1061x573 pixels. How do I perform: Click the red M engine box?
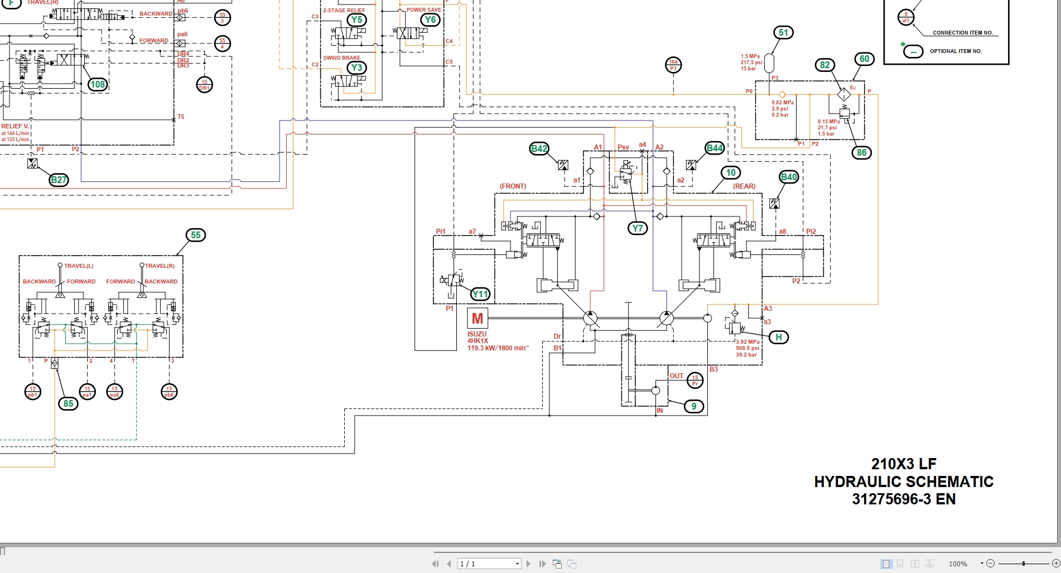pos(478,319)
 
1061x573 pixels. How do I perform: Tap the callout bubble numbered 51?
pos(783,33)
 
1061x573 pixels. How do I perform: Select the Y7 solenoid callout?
pos(638,228)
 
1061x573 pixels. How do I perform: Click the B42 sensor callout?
pos(539,148)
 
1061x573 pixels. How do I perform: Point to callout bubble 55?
pos(196,235)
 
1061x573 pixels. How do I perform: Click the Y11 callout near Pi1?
pos(480,294)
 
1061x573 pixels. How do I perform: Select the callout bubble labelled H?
pos(779,337)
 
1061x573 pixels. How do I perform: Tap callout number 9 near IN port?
pos(694,406)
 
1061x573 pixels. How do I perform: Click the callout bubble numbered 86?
pos(862,152)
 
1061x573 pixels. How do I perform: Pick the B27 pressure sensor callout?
pos(59,180)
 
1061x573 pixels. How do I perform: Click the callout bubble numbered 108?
pos(98,84)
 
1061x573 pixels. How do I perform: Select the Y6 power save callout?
pos(430,20)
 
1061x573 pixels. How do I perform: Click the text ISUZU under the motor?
pos(477,334)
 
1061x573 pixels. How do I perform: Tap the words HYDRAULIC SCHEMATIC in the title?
pos(904,481)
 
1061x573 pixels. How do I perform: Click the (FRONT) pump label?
pos(513,186)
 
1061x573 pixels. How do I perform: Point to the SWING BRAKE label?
pos(341,58)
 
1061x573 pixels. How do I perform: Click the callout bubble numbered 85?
pos(68,403)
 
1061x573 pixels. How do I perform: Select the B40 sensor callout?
pos(789,177)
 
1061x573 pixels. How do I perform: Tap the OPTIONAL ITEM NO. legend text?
pos(956,51)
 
